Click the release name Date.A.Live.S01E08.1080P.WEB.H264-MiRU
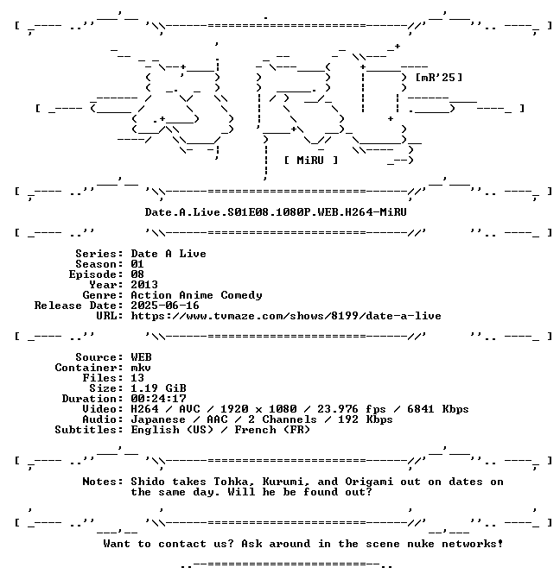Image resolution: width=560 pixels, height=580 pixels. [x=276, y=212]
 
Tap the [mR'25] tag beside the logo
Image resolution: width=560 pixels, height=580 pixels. [x=439, y=78]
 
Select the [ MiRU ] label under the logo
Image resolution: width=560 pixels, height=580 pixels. [x=311, y=161]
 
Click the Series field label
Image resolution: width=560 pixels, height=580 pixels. [x=99, y=254]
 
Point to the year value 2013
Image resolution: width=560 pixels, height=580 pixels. [x=144, y=285]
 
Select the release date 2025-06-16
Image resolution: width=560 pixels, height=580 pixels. [x=165, y=306]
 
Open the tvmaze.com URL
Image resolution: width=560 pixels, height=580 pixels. [x=286, y=316]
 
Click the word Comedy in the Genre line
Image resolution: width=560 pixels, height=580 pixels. [x=241, y=295]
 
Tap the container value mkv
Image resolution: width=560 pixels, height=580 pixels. [x=141, y=368]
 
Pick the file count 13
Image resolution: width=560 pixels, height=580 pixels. [x=137, y=378]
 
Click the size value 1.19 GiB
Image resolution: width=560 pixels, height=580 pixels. [x=158, y=388]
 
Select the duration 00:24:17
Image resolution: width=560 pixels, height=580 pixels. [x=158, y=399]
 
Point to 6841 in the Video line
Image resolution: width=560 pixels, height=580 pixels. [x=420, y=409]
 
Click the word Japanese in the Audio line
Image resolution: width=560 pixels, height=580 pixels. [x=158, y=419]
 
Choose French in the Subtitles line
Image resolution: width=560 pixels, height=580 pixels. [x=255, y=430]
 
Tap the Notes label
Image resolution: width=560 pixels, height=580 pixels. [x=103, y=482]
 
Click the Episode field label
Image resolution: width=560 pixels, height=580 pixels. [x=96, y=274]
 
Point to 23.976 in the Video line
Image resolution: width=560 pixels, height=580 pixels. [x=338, y=409]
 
